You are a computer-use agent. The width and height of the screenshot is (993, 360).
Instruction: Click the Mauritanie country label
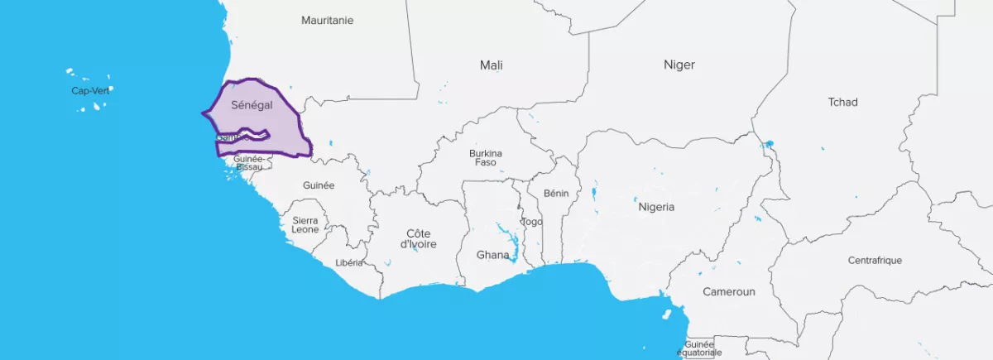[x=327, y=20]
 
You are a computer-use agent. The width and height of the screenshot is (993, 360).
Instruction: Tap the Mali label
[x=491, y=65]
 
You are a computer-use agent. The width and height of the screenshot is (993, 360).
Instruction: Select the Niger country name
[x=679, y=65]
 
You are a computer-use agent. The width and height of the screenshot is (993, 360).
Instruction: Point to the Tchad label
[x=842, y=102]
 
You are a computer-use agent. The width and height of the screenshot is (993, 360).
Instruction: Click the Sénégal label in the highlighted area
[x=252, y=105]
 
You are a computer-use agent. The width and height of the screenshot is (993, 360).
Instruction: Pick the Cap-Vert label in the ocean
[x=89, y=90]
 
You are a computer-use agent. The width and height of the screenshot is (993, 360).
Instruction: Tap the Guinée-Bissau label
[x=248, y=162]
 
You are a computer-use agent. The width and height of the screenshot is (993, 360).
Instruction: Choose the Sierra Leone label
[x=305, y=224]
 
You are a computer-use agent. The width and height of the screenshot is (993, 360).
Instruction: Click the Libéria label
[x=349, y=262]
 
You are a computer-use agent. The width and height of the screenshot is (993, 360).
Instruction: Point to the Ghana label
[x=492, y=255]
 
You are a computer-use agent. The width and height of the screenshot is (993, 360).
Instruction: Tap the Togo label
[x=531, y=222]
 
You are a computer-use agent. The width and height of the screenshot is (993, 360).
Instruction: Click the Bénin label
[x=556, y=193]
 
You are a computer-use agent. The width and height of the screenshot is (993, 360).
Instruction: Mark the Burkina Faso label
[x=485, y=157]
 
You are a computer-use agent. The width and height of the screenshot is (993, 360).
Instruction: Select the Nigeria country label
[x=656, y=207]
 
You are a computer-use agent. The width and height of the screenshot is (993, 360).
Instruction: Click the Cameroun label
[x=729, y=291]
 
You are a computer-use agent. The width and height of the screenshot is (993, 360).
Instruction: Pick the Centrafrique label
[x=875, y=260]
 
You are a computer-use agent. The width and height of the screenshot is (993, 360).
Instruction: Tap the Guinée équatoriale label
[x=700, y=348]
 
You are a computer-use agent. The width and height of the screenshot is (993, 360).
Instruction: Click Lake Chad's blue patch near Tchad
[x=769, y=144]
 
